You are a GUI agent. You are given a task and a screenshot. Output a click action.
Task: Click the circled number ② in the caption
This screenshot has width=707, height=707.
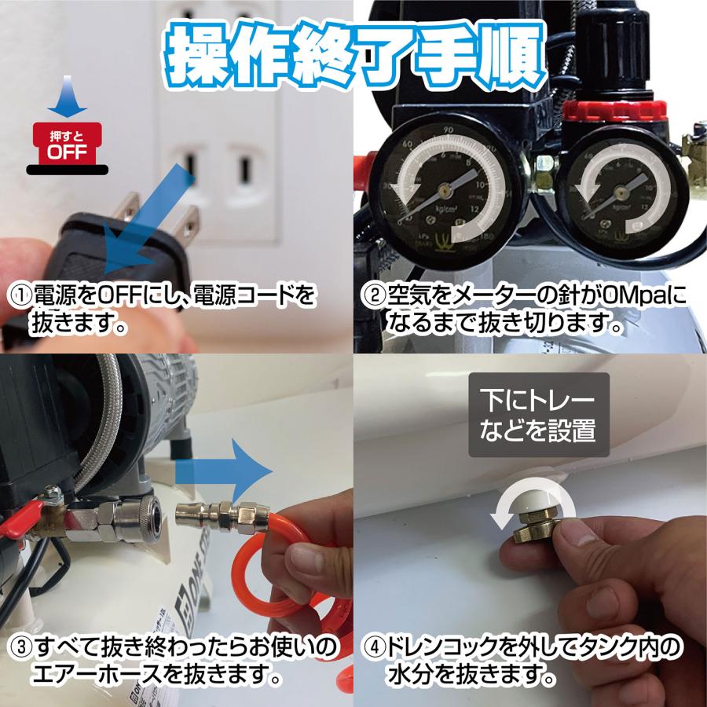372,298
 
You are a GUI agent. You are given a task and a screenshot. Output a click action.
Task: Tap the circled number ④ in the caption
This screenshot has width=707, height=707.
372,649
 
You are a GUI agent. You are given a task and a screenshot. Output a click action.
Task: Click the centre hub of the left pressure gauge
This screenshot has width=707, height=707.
445,189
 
